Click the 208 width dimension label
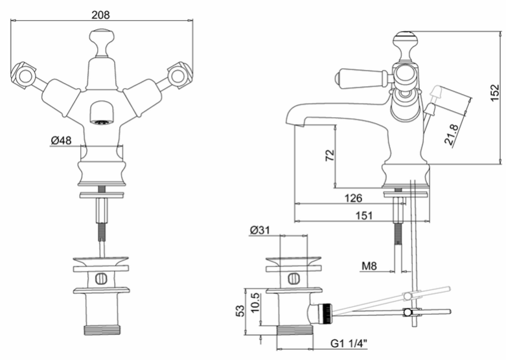pos(100,14)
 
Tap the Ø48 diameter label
pos(61,141)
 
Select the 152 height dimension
pos(494,93)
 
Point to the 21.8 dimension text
pos(451,134)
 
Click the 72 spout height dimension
pos(330,156)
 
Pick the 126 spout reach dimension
pos(353,197)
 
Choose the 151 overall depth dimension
pos(364,215)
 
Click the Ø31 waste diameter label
pos(260,230)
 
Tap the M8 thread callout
pos(369,266)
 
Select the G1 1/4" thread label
pos(349,344)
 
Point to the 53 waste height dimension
pos(240,311)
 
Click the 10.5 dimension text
pos(255,302)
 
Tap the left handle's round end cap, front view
pos(24,76)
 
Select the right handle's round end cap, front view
pos(178,76)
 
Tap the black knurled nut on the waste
pos(327,313)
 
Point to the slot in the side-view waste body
pos(293,278)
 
